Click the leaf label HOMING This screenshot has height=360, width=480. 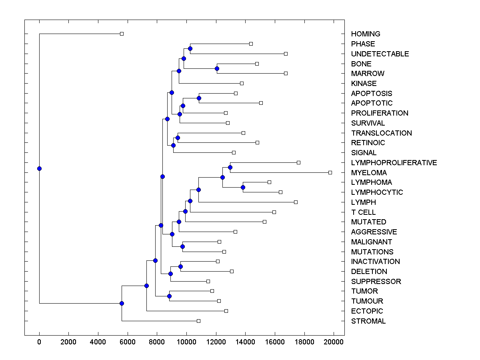365,34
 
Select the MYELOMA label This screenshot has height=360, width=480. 369,173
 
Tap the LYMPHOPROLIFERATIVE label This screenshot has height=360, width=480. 394,163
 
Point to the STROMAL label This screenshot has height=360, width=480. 368,321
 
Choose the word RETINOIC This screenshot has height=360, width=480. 368,143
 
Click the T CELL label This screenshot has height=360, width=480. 363,212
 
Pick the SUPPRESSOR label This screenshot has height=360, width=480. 376,282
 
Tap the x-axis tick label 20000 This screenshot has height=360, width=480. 333,342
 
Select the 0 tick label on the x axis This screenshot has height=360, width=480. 39,342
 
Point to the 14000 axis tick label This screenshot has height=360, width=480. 245,342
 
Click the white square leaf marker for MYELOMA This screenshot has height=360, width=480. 330,172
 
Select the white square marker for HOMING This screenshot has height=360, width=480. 122,34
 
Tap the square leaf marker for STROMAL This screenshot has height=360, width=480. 198,321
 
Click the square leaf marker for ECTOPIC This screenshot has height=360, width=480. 226,311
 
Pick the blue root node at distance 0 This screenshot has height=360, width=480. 39,168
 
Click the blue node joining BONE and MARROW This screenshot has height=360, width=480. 217,69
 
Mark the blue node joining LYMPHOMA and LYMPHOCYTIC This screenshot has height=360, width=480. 243,187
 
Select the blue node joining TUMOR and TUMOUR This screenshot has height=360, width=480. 169,296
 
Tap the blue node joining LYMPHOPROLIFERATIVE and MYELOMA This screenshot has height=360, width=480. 230,167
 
